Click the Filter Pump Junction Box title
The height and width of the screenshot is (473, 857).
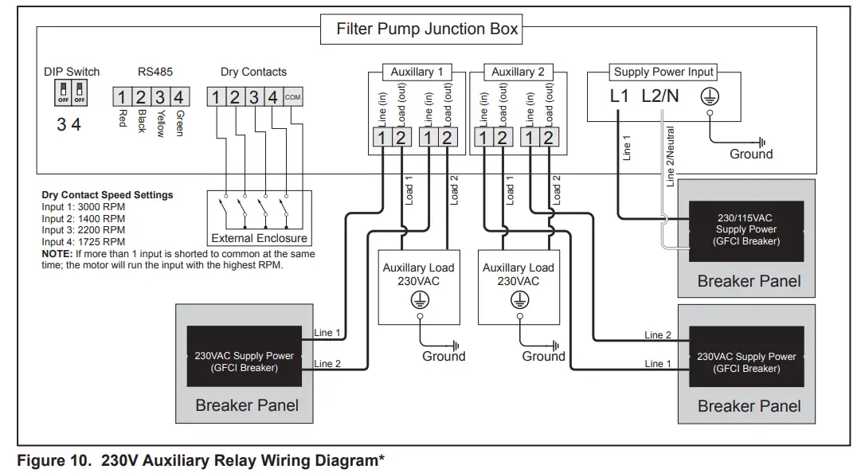click(427, 30)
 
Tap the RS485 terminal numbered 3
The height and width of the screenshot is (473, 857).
click(160, 97)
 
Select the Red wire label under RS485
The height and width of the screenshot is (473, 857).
click(122, 119)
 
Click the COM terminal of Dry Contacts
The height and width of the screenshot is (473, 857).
click(292, 97)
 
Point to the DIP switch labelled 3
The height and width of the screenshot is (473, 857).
click(61, 96)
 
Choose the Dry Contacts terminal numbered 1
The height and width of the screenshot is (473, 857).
click(215, 97)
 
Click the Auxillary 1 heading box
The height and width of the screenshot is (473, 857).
click(417, 72)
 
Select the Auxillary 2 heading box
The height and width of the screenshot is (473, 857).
click(518, 72)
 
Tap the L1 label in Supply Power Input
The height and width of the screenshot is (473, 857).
click(620, 96)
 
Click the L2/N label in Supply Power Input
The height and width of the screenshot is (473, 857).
click(660, 96)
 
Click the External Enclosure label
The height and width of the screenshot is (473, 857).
click(259, 238)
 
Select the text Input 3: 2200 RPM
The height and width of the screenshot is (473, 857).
click(83, 230)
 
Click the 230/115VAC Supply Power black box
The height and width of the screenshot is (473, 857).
click(745, 230)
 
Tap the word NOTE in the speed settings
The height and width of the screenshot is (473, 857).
click(57, 254)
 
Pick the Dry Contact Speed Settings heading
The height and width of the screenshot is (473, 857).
click(107, 195)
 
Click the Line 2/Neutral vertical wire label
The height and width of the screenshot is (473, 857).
click(671, 156)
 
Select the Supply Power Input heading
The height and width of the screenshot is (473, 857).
click(663, 72)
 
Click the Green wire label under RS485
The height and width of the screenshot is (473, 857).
click(179, 123)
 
